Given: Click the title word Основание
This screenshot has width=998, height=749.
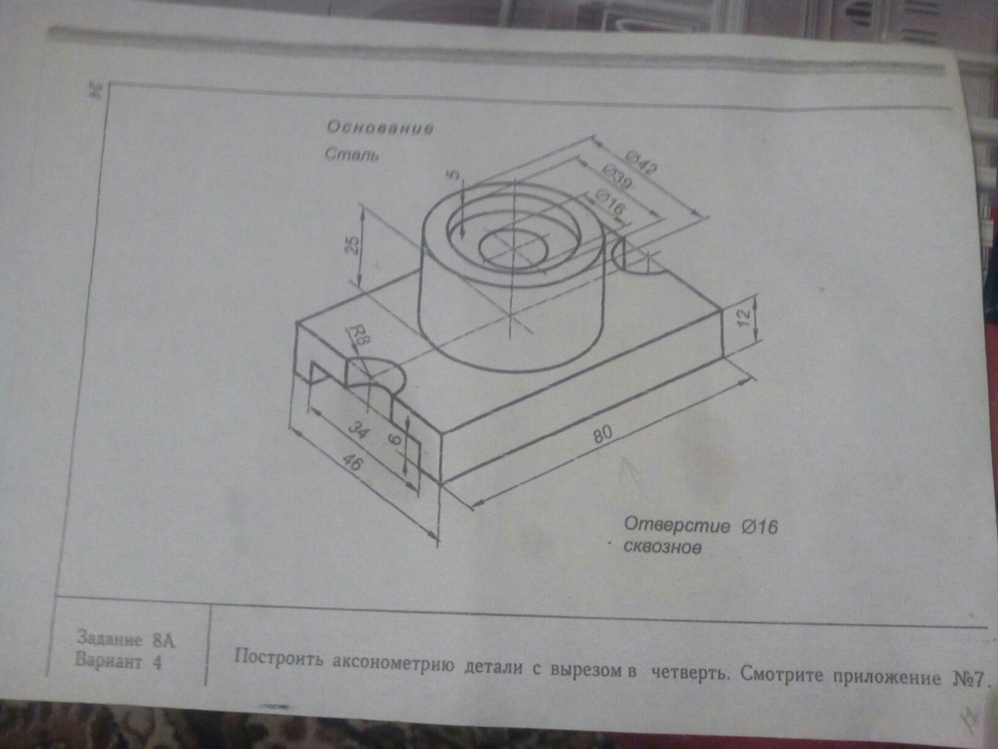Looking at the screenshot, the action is pyautogui.click(x=380, y=128).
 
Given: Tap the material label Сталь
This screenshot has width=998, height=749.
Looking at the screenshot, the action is pyautogui.click(x=352, y=155).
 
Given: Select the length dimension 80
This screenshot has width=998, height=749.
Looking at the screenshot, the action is pyautogui.click(x=604, y=434).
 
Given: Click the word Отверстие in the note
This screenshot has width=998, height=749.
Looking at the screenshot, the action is pyautogui.click(x=677, y=526).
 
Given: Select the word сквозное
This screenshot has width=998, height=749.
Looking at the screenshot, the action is pyautogui.click(x=662, y=548).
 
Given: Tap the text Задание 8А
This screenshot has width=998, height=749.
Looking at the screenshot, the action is pyautogui.click(x=126, y=640).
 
